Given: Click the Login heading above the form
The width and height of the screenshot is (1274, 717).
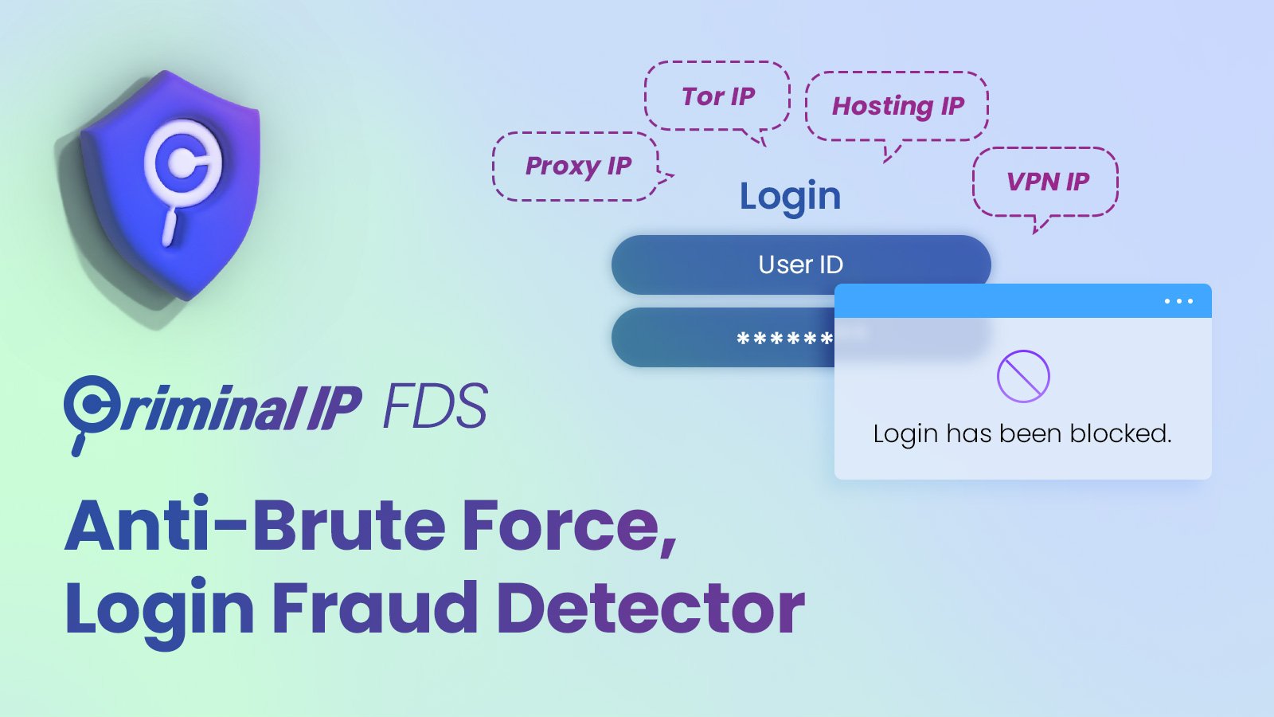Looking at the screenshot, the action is (x=790, y=197).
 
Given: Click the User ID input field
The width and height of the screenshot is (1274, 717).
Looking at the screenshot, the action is (x=801, y=264).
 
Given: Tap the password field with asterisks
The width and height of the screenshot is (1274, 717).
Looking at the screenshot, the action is (x=723, y=338).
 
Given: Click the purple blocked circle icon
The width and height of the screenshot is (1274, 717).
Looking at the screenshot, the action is (x=1023, y=376).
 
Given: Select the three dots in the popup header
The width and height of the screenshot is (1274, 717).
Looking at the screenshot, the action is (x=1178, y=301).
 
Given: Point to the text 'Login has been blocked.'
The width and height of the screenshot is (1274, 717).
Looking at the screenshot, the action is (x=1022, y=434).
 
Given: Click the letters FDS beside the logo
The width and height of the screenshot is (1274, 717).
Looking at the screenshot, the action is (x=435, y=406).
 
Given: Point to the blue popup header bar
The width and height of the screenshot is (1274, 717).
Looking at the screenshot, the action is (x=1022, y=300).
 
